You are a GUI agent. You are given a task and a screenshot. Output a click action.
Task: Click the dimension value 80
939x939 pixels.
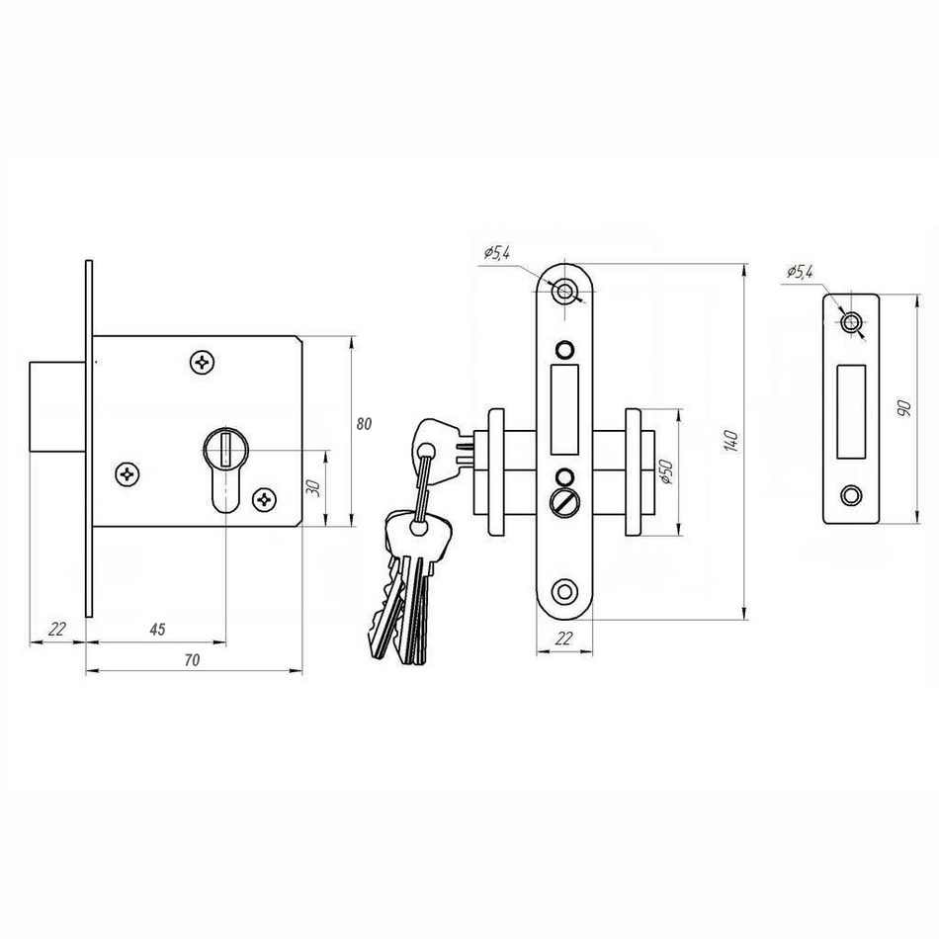364,424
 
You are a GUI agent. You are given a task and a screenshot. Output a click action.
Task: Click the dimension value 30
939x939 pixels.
313,487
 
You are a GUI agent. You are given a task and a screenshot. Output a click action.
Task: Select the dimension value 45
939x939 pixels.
157,630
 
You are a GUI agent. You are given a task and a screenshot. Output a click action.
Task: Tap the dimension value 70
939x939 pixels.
192,660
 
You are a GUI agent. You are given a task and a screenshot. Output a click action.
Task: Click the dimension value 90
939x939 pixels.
904,408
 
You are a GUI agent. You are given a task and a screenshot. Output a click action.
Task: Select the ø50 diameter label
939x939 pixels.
667,471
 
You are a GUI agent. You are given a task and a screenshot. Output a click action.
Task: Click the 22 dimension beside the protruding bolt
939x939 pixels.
57,629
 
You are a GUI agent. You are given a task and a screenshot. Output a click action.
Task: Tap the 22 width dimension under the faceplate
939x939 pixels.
564,639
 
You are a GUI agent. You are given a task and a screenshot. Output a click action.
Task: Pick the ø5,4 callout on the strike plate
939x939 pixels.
800,273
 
